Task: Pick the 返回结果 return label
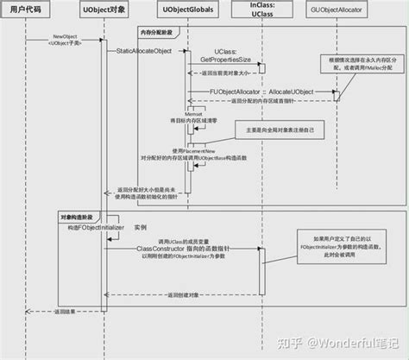pos(66,309)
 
